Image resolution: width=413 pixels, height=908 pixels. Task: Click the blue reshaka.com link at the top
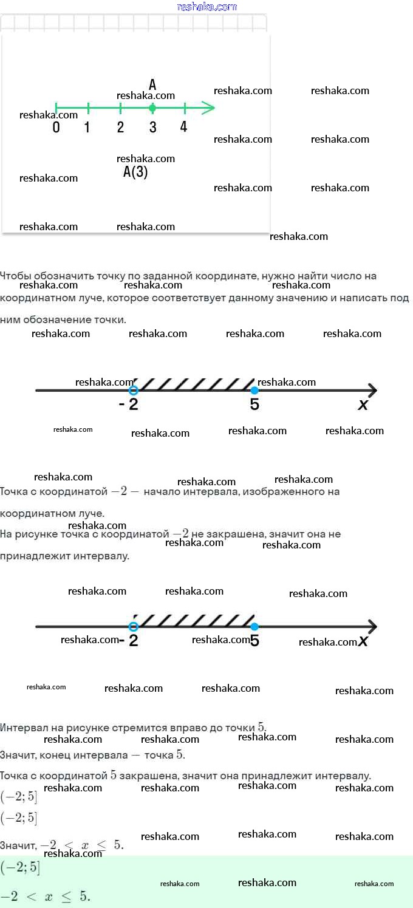206,7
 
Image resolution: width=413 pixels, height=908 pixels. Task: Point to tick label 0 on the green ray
56,128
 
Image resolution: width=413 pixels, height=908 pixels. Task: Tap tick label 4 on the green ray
183,127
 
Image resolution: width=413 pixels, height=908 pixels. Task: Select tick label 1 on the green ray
87,128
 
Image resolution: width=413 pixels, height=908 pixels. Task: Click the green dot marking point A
152,108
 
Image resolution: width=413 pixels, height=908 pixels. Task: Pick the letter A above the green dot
152,85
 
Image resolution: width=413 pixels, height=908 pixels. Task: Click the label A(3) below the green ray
135,172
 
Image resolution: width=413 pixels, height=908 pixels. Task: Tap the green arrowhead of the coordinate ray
208,108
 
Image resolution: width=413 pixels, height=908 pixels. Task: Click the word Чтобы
15,276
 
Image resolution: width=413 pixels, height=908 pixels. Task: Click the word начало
164,491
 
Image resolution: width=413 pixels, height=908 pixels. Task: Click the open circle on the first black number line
134,390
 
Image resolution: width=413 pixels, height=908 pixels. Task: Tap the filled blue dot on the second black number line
254,626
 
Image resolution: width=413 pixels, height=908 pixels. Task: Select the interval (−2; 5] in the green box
20,868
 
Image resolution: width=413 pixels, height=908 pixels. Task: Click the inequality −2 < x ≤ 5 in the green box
45,896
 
